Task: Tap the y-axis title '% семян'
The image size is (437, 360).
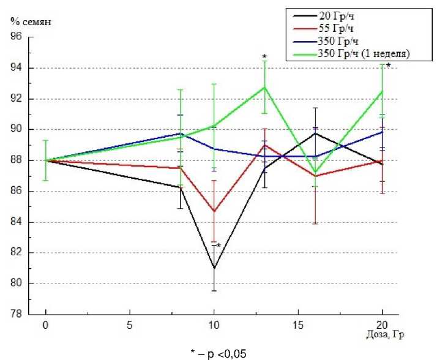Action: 31,22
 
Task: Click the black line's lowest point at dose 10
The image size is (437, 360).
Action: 214,268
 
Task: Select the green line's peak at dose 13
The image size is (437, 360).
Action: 264,87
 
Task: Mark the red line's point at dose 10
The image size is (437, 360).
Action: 214,211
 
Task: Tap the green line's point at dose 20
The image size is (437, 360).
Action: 382,91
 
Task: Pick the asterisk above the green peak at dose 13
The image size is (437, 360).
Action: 264,56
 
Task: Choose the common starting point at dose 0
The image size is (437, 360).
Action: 46,160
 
